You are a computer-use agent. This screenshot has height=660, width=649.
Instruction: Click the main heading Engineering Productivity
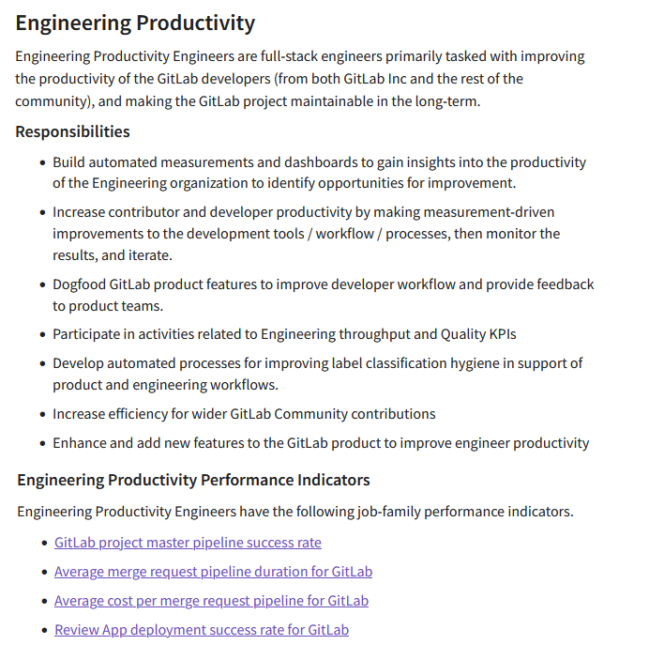click(135, 23)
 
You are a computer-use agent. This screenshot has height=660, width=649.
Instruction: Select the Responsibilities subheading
click(72, 131)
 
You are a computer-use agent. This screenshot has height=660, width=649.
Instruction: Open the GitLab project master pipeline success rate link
click(188, 543)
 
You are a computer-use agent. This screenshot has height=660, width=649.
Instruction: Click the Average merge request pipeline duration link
click(213, 572)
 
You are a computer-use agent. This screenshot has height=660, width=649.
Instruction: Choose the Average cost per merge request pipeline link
click(211, 601)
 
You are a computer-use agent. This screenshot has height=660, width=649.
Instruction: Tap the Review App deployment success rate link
click(202, 630)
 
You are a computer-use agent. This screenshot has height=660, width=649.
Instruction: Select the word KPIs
click(498, 334)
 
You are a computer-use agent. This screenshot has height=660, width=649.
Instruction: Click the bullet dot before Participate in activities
click(42, 335)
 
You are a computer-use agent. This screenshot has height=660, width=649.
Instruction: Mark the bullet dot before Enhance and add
click(42, 444)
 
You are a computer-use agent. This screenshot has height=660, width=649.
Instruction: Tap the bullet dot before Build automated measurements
click(42, 163)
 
